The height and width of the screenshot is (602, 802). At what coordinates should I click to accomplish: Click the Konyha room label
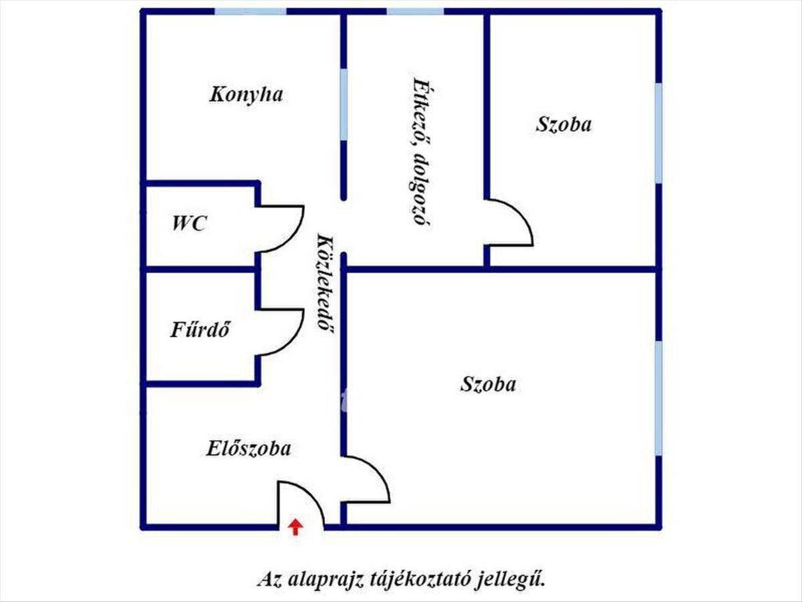pyautogui.click(x=246, y=94)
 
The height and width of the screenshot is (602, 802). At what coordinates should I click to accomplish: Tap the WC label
pyautogui.click(x=189, y=224)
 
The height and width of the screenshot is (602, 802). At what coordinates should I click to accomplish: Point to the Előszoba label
pyautogui.click(x=248, y=448)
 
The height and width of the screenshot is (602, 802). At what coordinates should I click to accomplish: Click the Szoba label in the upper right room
pyautogui.click(x=563, y=124)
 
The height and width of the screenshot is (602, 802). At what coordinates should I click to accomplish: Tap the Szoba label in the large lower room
pyautogui.click(x=489, y=385)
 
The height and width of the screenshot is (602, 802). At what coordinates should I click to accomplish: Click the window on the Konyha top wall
pyautogui.click(x=250, y=11)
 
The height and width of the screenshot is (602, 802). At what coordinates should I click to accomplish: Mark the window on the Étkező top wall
pyautogui.click(x=415, y=11)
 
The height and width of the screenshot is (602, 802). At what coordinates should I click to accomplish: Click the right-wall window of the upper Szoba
pyautogui.click(x=658, y=132)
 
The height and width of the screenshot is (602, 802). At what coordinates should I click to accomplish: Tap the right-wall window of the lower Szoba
pyautogui.click(x=658, y=399)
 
